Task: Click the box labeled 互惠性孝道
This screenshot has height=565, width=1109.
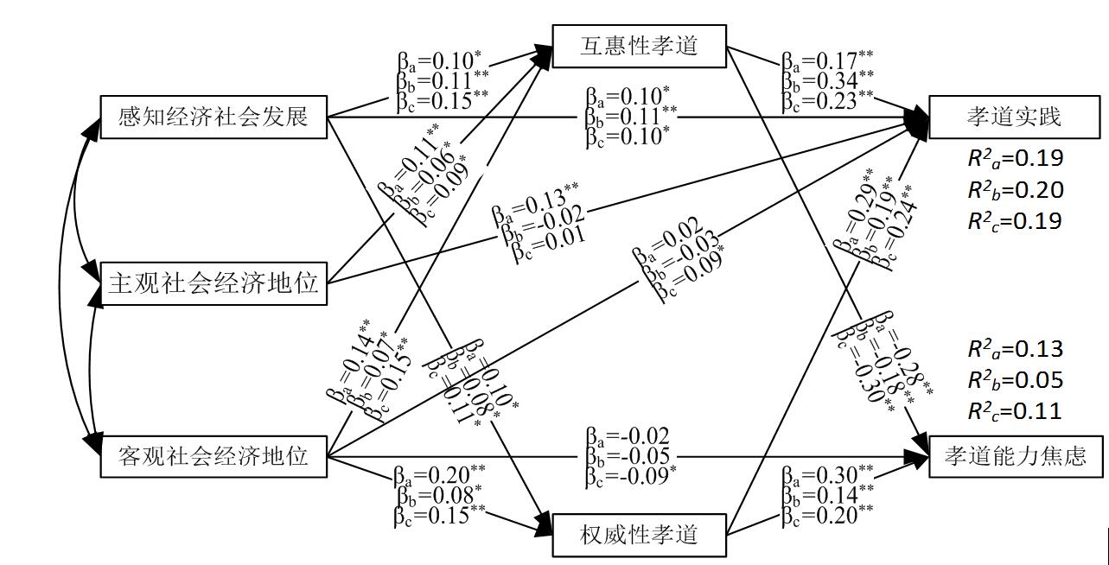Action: [639, 46]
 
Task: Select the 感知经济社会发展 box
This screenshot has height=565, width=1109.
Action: [214, 117]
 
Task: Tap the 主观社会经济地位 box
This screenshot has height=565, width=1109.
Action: [214, 282]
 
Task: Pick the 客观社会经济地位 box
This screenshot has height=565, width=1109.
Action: [214, 455]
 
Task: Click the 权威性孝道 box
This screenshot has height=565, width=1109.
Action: [639, 535]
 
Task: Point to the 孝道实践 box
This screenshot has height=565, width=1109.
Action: [1014, 117]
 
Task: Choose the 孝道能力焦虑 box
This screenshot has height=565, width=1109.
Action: [1016, 455]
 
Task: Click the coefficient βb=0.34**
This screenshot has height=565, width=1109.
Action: [827, 80]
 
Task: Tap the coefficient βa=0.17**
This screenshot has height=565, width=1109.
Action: [827, 61]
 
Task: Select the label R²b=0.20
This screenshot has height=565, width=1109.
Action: [1015, 189]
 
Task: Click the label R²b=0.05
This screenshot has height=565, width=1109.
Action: [1015, 380]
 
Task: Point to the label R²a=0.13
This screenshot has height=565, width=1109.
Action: [1015, 349]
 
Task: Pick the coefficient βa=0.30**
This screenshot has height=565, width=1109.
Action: [827, 474]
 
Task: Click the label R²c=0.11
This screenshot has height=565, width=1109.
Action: [1015, 411]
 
